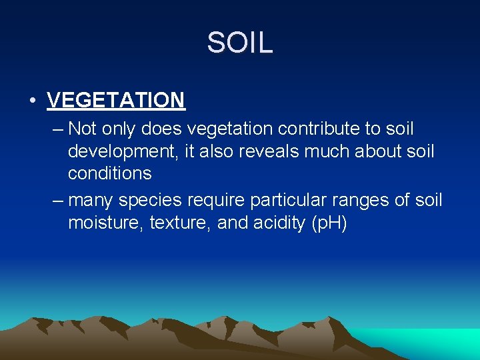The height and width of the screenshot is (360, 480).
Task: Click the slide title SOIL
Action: click(239, 43)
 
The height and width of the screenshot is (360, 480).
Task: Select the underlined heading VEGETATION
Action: click(116, 101)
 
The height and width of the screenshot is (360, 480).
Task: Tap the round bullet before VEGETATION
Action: click(32, 101)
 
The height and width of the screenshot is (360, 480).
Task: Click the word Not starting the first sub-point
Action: click(83, 128)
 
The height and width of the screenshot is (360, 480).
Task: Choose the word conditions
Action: click(109, 173)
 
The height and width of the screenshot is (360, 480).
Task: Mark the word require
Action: click(226, 201)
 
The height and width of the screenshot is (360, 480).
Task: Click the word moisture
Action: click(105, 223)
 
